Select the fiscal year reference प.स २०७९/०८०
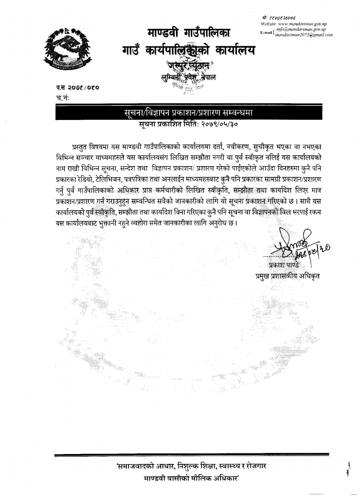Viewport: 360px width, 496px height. [78, 87]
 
